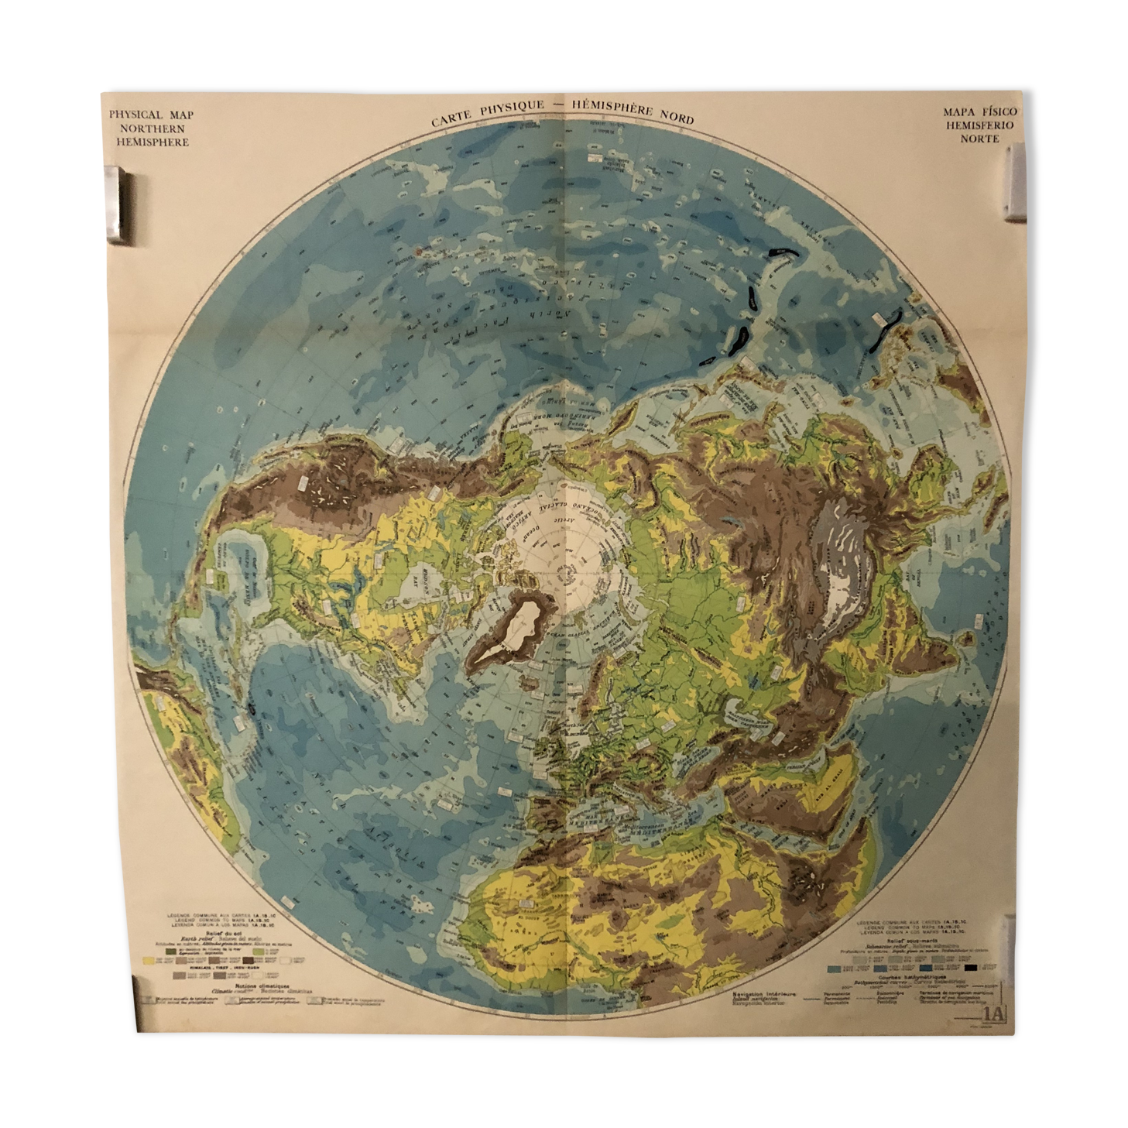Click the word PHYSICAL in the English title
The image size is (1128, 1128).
135,115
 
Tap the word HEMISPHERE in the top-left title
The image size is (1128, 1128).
153,142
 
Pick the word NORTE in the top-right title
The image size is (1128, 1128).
979,139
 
